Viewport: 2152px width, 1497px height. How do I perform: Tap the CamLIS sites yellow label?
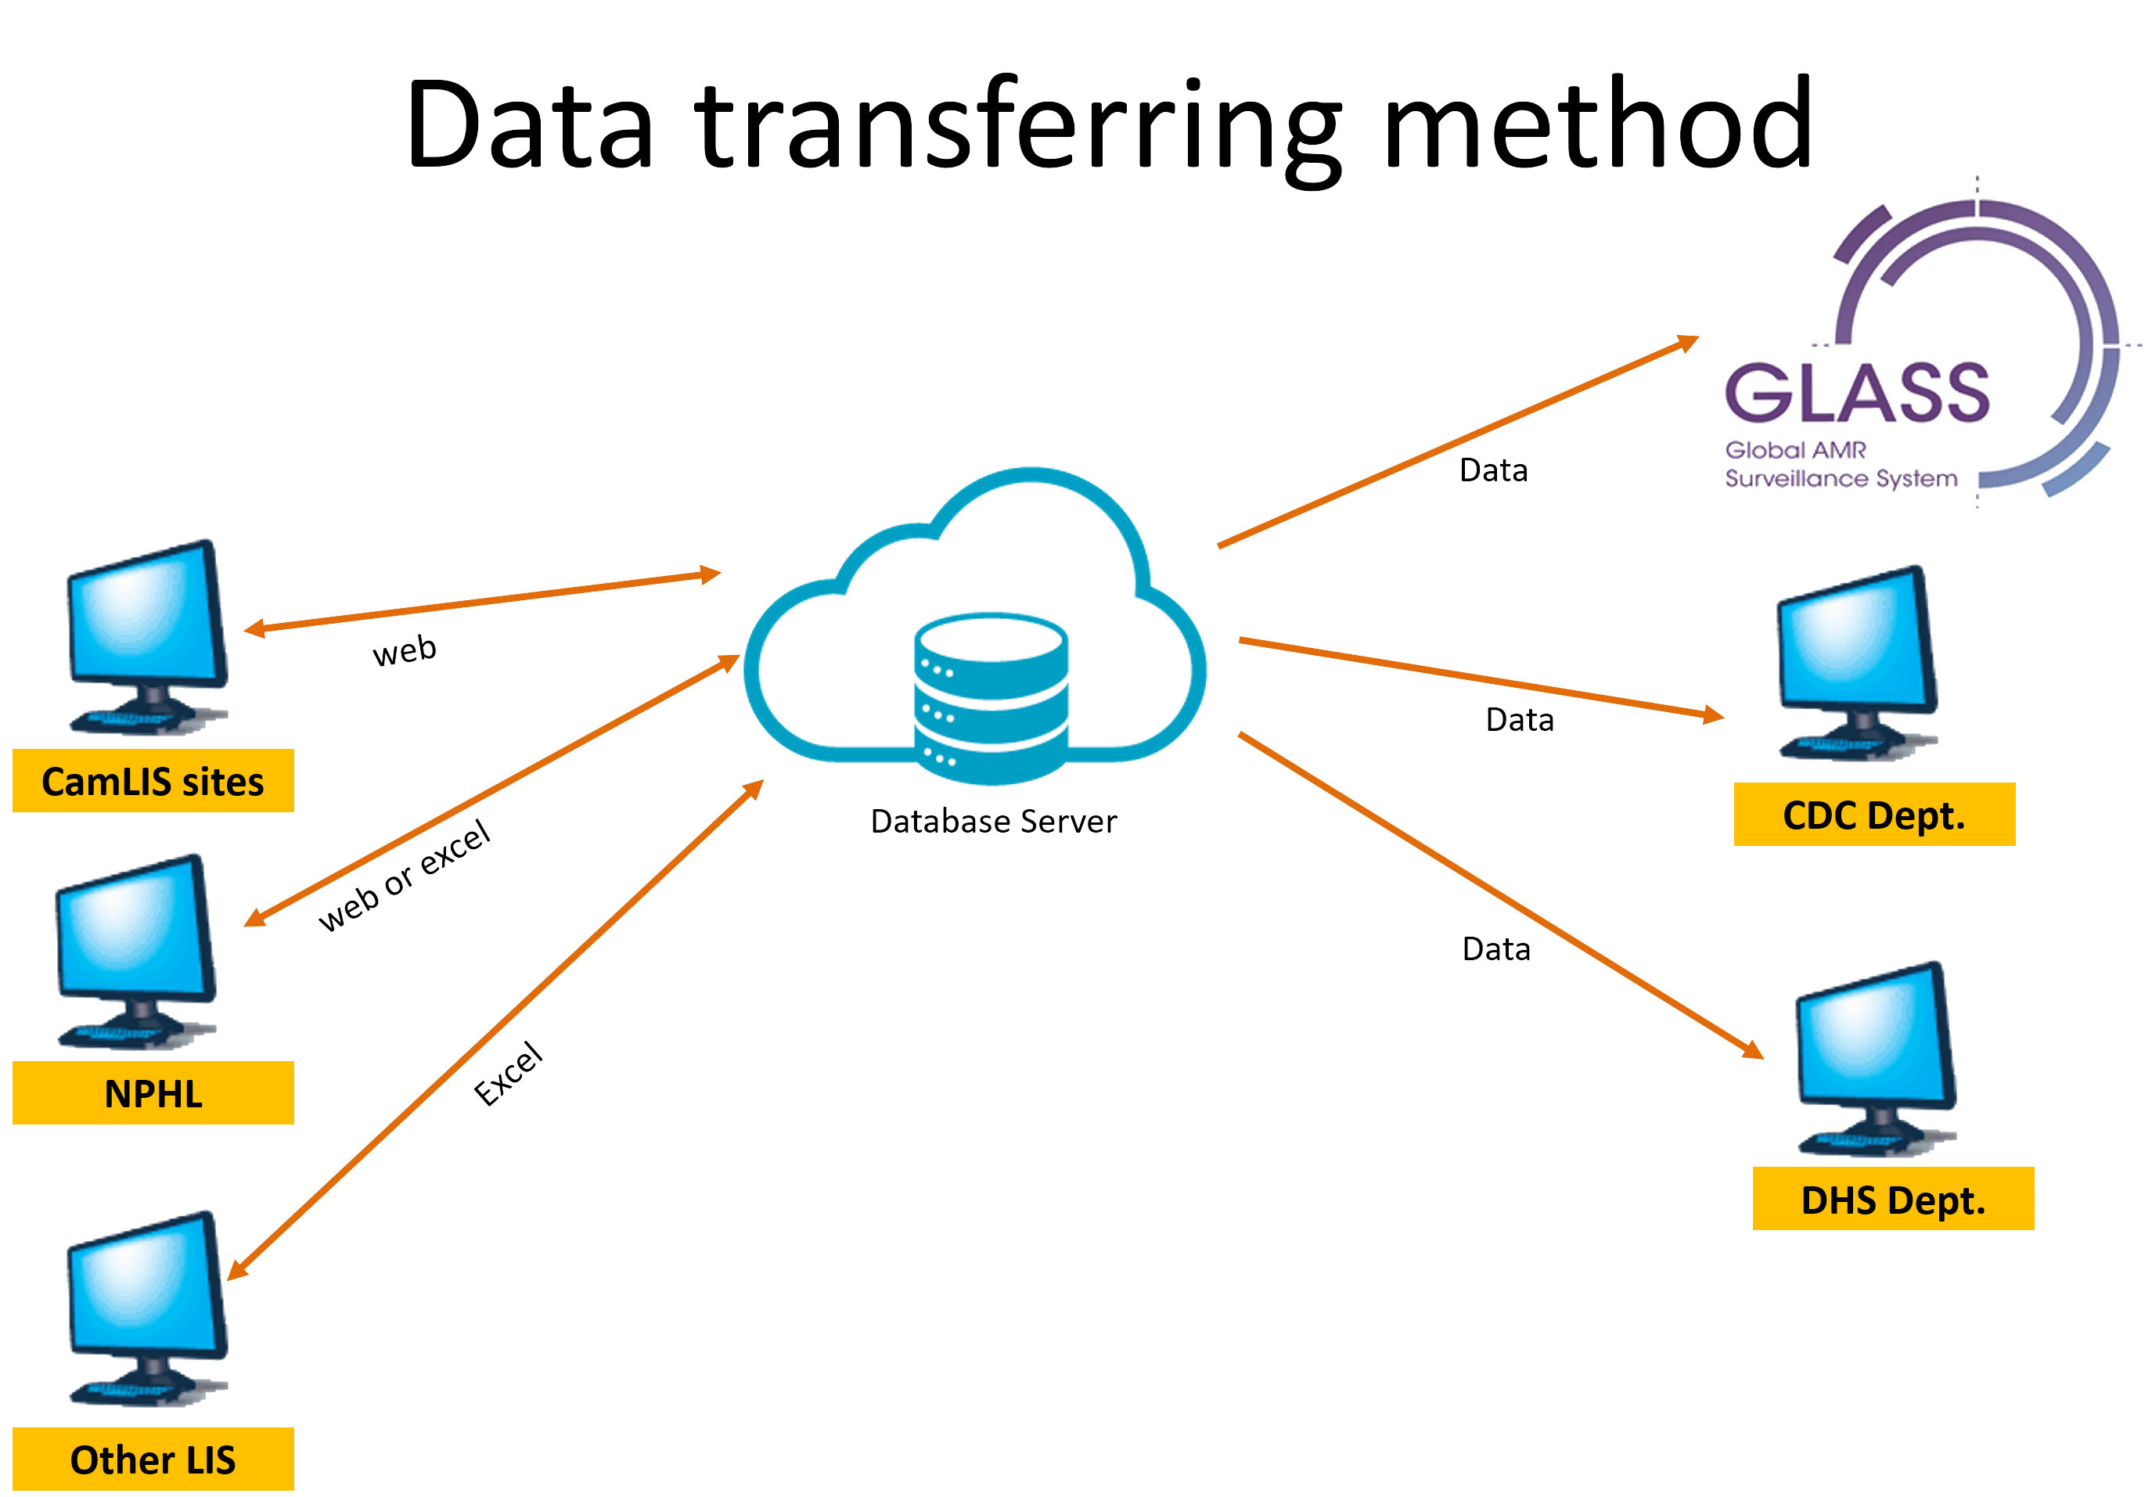pos(153,781)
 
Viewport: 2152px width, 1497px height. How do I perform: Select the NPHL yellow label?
pos(153,1093)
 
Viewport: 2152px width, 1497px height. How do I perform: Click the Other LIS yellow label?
pos(153,1459)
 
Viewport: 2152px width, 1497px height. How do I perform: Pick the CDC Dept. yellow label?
pos(1873,815)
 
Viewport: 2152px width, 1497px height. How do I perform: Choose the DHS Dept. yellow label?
pos(1892,1199)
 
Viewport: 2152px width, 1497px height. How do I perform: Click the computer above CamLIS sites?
pos(147,635)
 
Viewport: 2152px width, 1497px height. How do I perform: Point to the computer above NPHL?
pos(137,948)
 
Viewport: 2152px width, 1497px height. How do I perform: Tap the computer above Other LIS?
pos(147,1306)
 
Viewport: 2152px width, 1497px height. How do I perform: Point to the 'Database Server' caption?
pos(994,821)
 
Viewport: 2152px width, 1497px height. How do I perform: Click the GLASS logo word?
pos(1857,393)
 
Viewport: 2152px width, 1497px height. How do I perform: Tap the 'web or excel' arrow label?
pos(405,876)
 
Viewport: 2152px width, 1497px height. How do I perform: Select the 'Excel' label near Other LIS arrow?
pos(508,1074)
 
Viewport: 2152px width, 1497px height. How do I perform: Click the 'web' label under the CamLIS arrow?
pos(405,650)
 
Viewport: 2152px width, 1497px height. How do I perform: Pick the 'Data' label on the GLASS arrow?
pos(1493,470)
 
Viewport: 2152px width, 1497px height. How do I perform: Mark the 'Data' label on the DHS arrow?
pos(1496,948)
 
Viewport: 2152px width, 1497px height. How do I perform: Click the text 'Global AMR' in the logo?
pos(1795,450)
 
